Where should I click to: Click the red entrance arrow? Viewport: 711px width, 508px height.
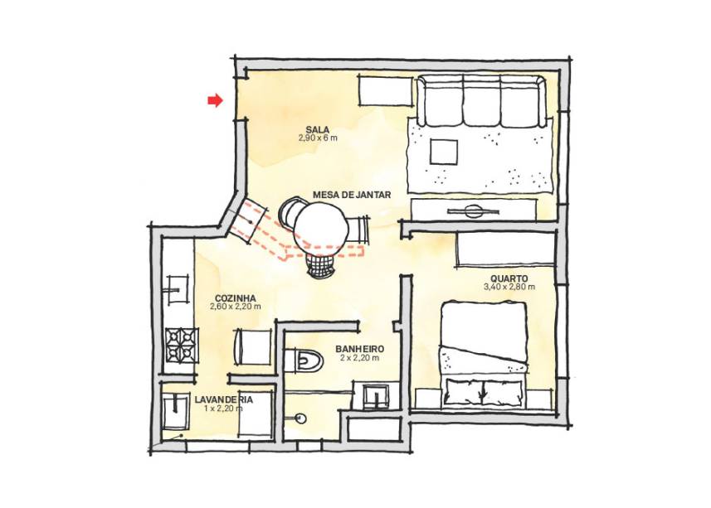[216, 100]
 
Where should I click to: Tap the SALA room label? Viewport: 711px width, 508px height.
[317, 130]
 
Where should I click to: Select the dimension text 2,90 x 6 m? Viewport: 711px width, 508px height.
[318, 138]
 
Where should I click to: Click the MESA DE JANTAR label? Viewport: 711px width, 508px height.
[352, 195]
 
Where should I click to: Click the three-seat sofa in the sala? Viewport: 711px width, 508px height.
[481, 101]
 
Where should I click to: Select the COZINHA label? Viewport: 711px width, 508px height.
[235, 298]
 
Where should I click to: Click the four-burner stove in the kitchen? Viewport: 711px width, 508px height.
[183, 344]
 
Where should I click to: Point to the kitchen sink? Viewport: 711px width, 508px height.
[178, 289]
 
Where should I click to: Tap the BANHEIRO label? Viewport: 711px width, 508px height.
[359, 349]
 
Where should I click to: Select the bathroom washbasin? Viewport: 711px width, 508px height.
[376, 394]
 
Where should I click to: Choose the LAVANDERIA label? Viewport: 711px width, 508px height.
[223, 399]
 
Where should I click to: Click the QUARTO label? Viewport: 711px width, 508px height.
[509, 278]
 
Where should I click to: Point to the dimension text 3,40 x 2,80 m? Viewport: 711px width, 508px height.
[509, 287]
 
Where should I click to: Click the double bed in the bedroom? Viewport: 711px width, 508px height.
[483, 355]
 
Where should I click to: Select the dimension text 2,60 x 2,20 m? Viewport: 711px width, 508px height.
[236, 307]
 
